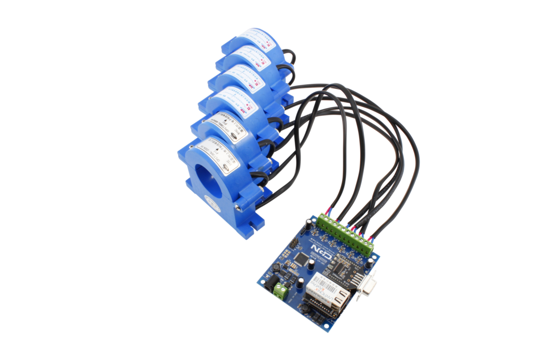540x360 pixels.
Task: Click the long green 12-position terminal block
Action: coord(346,232)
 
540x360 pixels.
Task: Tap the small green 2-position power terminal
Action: coord(282,291)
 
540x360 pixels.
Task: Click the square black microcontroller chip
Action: coord(300,258)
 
